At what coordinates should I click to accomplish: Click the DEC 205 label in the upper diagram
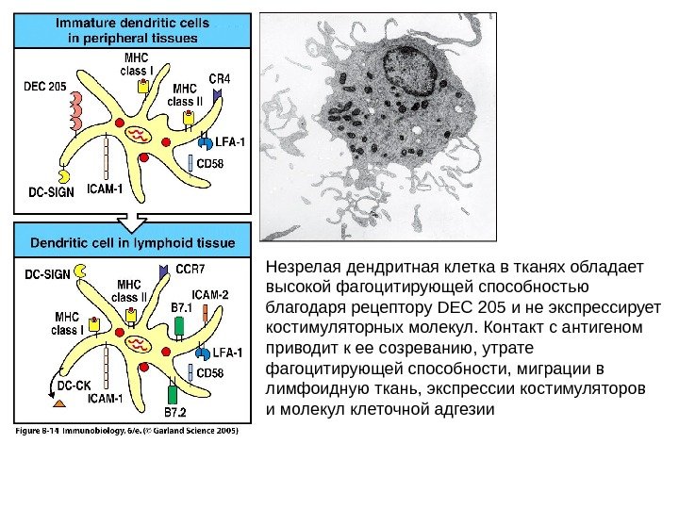[43, 87]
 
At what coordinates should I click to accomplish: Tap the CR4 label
[220, 77]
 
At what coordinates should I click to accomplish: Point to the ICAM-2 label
[210, 294]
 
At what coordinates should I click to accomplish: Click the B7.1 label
[180, 307]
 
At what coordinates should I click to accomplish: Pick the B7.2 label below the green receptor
[175, 412]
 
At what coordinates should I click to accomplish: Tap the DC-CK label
[73, 385]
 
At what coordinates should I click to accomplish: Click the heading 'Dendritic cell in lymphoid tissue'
[133, 242]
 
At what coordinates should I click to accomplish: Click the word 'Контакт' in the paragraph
[514, 327]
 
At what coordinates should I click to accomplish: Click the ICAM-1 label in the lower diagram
[106, 399]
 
